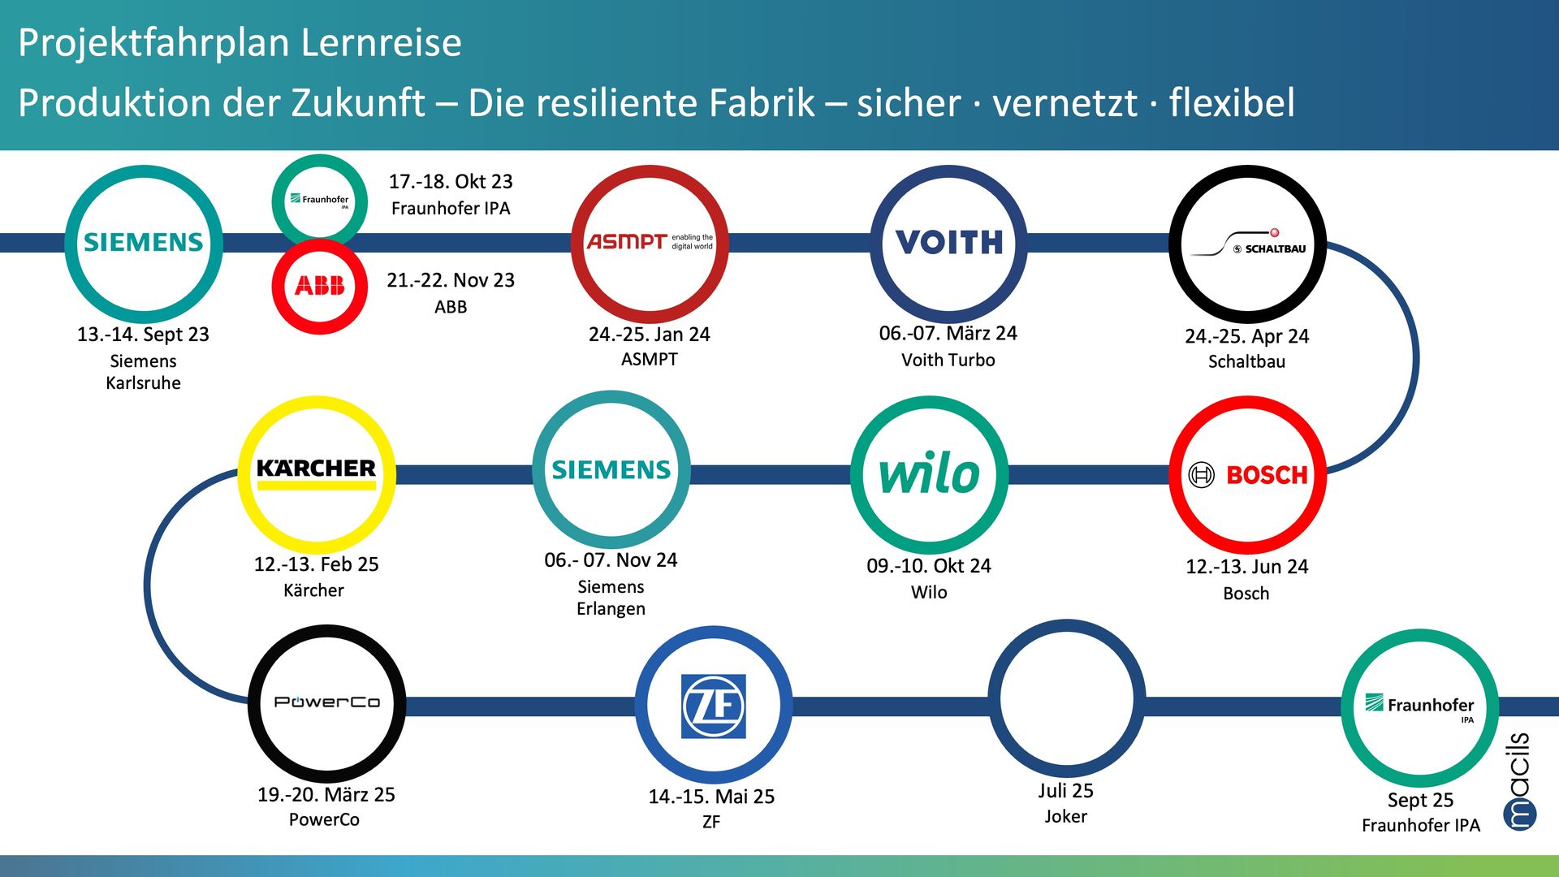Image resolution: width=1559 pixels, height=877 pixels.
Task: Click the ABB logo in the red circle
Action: pos(319,286)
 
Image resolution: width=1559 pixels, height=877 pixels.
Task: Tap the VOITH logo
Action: pos(948,242)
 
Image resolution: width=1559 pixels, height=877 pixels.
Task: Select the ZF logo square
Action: pos(713,706)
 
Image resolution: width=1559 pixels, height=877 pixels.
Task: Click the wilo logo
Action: pos(929,473)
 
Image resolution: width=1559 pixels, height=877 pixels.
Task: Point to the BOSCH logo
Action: pos(1247,474)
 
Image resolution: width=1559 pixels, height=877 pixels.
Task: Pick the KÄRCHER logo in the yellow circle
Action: pos(317,473)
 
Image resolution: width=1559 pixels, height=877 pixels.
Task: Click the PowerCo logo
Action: pos(326,702)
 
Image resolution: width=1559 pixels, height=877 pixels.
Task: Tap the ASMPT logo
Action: pos(650,242)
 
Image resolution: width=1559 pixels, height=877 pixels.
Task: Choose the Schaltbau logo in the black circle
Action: pos(1247,243)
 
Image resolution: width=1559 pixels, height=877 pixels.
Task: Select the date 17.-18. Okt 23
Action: pos(451,181)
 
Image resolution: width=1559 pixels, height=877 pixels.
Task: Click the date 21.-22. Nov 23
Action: pos(451,280)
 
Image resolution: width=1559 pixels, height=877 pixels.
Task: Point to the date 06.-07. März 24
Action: pos(948,333)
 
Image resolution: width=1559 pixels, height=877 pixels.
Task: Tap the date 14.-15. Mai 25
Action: pos(711,797)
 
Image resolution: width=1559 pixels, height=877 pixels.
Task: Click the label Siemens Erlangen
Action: pos(611,598)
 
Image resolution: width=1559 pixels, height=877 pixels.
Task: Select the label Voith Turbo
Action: pos(948,360)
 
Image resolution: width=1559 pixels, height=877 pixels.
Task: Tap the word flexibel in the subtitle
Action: pos(1232,103)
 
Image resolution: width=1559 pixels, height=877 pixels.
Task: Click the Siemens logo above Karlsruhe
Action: pos(144,242)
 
